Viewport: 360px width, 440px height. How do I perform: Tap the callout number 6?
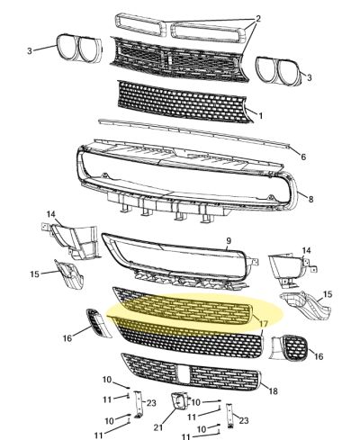(302, 157)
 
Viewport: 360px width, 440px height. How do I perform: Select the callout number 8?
(310, 199)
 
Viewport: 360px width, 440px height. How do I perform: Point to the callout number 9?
(229, 240)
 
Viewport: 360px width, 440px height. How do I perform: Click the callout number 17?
(264, 323)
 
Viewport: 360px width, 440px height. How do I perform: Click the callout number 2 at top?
(258, 18)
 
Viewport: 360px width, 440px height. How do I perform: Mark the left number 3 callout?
(30, 50)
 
